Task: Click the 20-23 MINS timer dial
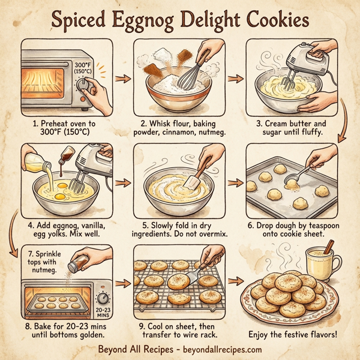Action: click(103, 298)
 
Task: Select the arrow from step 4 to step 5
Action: click(123, 181)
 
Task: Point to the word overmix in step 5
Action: click(206, 233)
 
